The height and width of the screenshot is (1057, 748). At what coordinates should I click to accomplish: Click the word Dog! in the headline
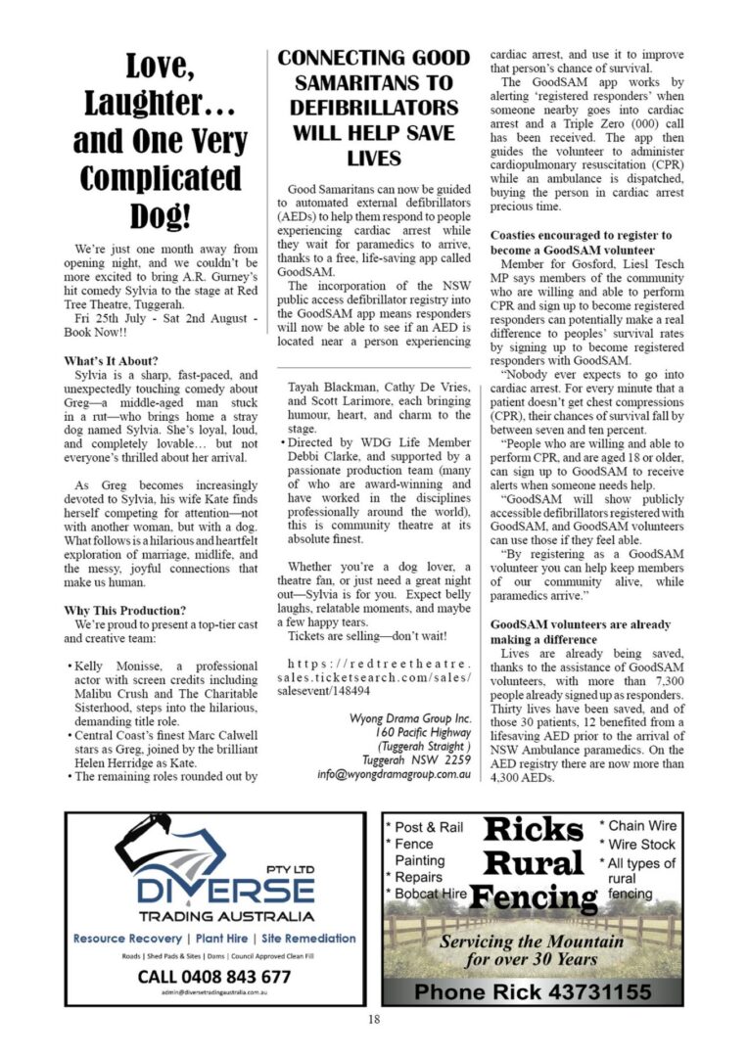pos(157,215)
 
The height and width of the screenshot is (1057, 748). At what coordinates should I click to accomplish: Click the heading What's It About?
pos(111,361)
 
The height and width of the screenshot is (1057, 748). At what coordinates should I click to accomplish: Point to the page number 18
pos(373,1020)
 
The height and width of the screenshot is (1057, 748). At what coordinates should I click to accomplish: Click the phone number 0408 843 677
pos(213,976)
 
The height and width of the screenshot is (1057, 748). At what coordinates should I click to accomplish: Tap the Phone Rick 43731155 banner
pos(532,991)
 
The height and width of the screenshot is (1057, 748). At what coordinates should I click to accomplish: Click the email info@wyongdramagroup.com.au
pos(395,773)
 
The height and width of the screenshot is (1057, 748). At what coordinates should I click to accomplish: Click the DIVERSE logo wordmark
pos(225,891)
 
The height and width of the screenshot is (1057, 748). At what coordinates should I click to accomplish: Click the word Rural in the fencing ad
pos(534,862)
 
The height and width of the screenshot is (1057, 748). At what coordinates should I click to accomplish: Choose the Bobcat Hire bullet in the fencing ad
pos(429,894)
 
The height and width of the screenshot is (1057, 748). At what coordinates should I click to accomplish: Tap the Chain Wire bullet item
pos(637,826)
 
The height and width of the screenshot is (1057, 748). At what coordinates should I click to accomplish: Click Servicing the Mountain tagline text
pos(532,942)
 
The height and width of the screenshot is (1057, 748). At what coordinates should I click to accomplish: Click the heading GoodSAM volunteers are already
pos(581,624)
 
